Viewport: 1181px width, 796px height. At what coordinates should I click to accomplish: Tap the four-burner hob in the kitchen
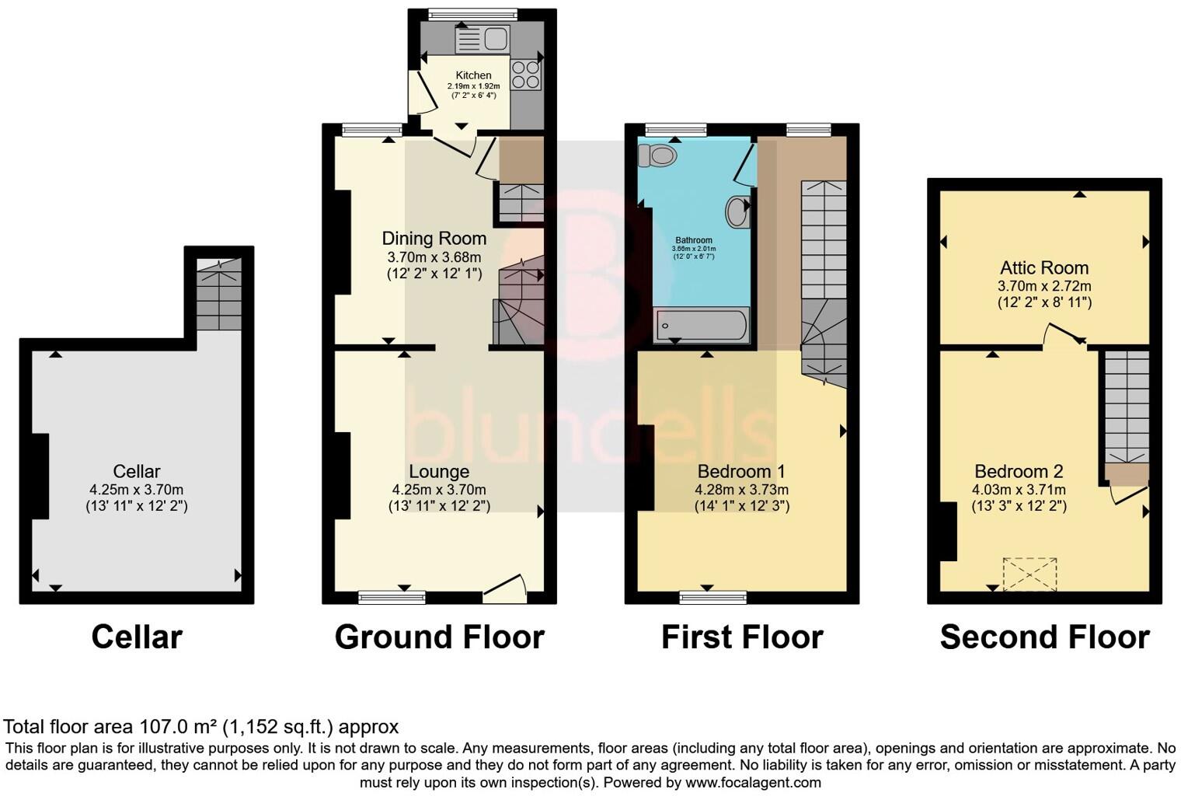(526, 75)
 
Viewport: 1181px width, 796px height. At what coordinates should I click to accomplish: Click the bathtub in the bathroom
(702, 325)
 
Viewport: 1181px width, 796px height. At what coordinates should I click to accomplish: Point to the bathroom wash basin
(738, 211)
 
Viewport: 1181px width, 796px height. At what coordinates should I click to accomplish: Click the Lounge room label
(439, 472)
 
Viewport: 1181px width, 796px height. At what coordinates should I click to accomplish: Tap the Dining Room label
(434, 239)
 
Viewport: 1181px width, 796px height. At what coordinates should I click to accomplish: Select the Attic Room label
(1044, 268)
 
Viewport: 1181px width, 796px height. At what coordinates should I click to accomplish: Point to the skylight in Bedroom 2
(1029, 574)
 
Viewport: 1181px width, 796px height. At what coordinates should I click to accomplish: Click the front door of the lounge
(504, 588)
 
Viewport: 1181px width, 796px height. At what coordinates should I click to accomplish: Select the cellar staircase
(219, 295)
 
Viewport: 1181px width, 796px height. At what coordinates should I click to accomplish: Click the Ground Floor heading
(439, 637)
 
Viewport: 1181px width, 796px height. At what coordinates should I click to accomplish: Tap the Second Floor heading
(1044, 637)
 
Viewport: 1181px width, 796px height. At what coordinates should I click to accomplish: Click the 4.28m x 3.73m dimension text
(741, 490)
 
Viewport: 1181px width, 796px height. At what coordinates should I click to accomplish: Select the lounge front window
(392, 597)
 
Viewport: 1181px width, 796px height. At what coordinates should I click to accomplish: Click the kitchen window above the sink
(473, 14)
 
